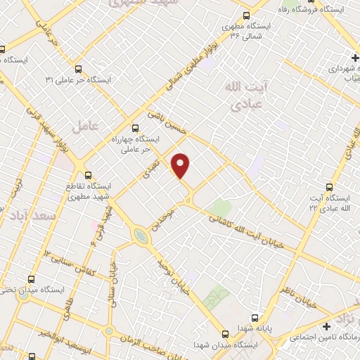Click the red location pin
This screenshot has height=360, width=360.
tap(181, 165)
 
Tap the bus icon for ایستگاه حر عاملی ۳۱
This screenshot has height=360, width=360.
tap(77, 69)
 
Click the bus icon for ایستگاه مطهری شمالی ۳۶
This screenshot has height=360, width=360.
tap(245, 15)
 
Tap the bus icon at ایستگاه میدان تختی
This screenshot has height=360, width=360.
tap(31, 278)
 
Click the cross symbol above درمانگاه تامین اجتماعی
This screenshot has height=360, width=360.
tap(326, 327)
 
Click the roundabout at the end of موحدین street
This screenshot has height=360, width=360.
tap(141, 237)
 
